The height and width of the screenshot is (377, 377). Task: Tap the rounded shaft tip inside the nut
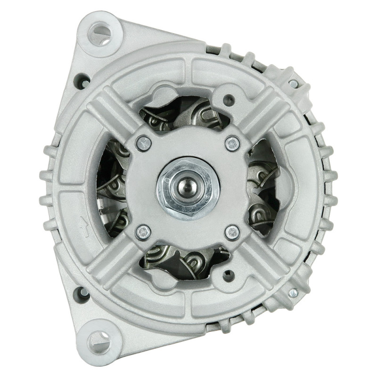coord(188,185)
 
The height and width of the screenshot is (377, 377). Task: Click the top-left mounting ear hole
coord(99,34)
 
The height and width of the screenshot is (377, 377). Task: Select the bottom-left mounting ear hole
coord(99,340)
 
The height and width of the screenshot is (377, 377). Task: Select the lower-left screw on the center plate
coord(143,232)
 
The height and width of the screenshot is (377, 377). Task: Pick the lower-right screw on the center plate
coord(232,232)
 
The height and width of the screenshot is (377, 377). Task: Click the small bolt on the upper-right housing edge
coord(293,84)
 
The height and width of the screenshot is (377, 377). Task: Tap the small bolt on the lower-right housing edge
coord(293,293)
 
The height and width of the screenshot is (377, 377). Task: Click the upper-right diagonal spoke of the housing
coord(264,113)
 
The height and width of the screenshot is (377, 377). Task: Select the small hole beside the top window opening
coord(229,99)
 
